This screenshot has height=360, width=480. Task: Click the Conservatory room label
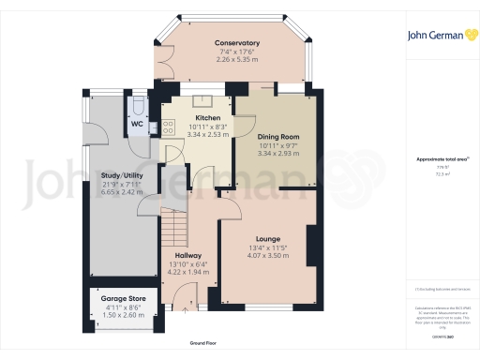pos(236,44)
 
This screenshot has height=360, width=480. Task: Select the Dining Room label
pos(277,137)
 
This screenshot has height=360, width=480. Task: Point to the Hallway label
pos(189,255)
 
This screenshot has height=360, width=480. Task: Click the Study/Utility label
pos(123,174)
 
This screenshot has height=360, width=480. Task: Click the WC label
pos(136,124)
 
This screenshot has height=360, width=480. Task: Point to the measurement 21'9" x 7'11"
pos(123,184)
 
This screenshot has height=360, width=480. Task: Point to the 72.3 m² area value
pos(441,173)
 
